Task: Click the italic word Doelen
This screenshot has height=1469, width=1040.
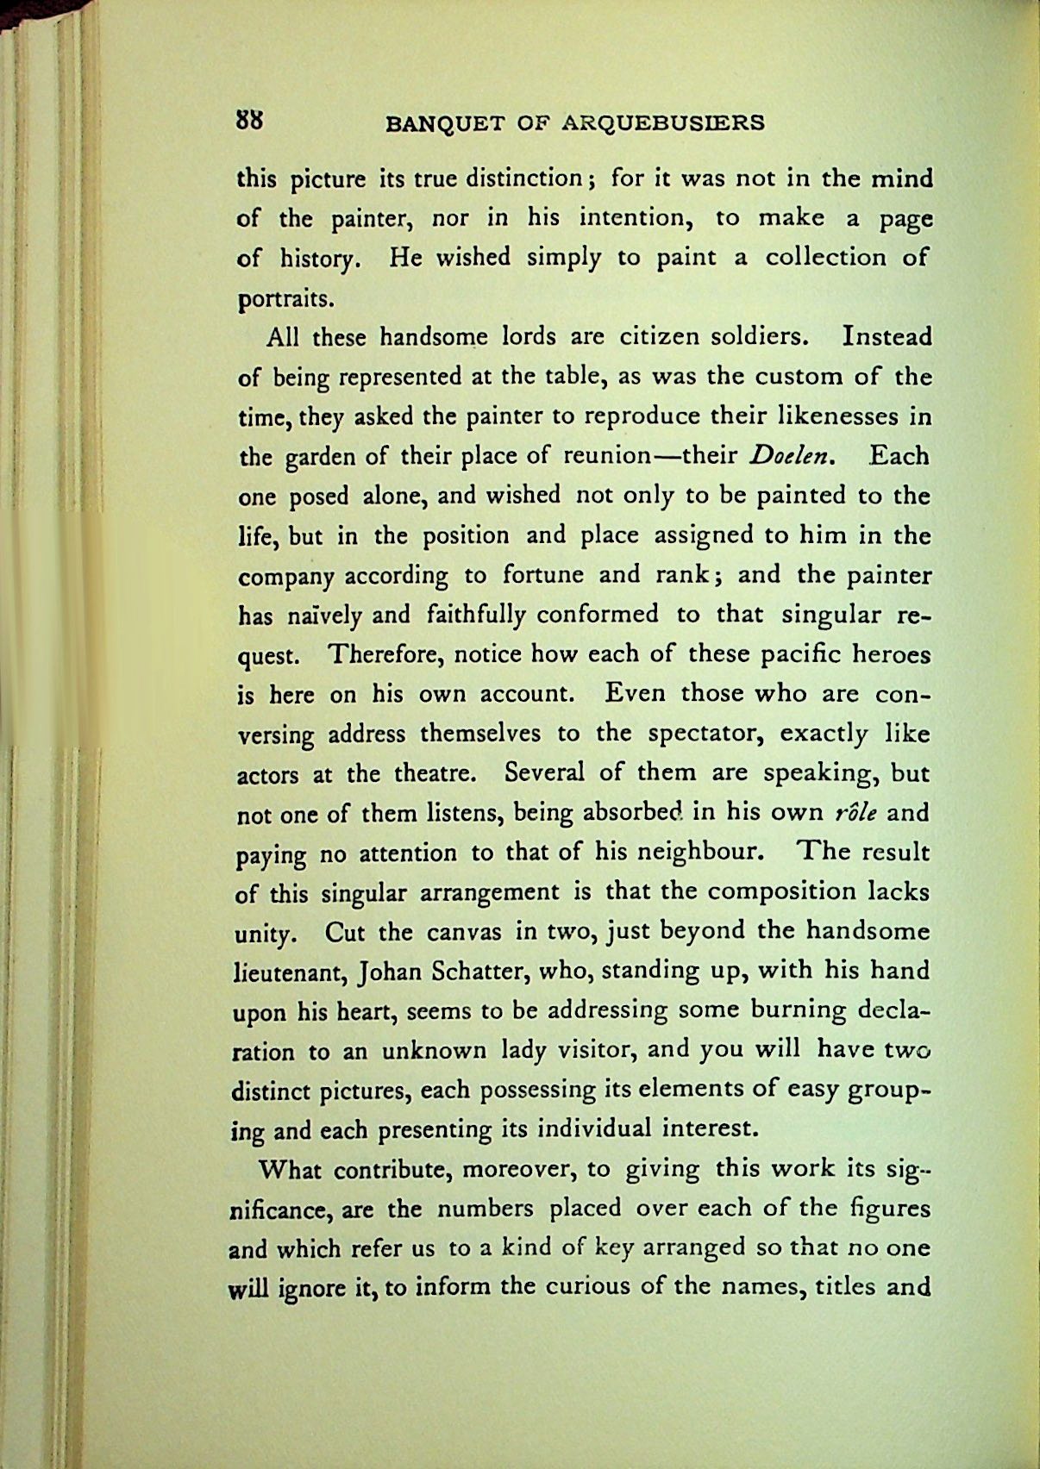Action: pos(792,456)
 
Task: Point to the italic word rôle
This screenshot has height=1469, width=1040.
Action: pos(856,813)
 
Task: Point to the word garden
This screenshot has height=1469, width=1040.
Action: pos(317,457)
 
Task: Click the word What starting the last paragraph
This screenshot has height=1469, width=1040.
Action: pos(291,1171)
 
